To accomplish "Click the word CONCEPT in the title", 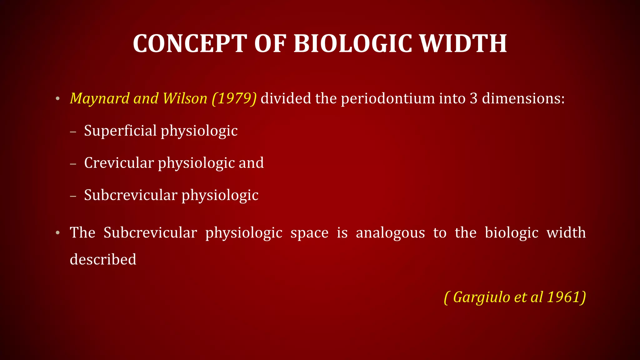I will coord(190,44).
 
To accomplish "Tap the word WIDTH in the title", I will coord(463,44).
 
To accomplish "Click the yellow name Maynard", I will coord(99,99).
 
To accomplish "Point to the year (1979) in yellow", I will coord(234,99).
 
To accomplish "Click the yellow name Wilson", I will coord(185,99).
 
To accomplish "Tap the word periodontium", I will coord(387,99).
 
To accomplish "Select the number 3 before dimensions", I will coord(473,99).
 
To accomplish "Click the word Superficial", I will coord(120,131).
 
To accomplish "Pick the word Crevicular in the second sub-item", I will coord(119,163).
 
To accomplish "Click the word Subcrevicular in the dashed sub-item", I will coord(131,195).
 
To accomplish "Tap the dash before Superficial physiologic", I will coord(73,132).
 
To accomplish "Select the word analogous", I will coord(390,233).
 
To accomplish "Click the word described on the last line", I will coord(103,260).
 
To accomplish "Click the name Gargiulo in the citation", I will coord(482,297).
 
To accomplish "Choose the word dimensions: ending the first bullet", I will coord(523,99).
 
